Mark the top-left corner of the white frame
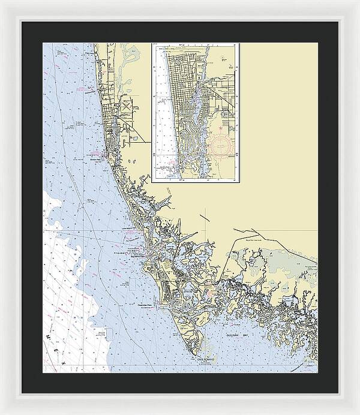(2, 2)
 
